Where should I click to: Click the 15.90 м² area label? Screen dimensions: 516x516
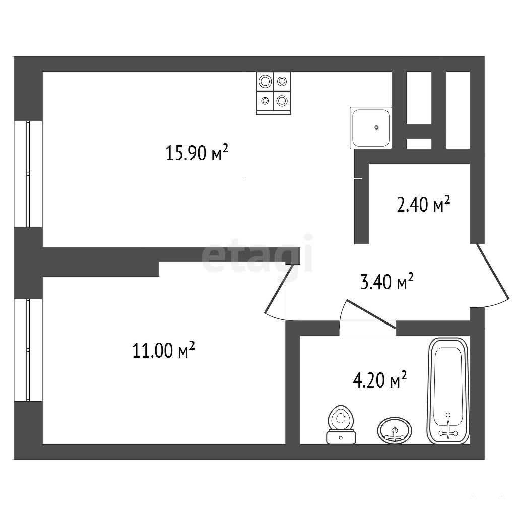pyautogui.click(x=197, y=152)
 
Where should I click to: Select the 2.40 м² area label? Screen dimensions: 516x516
pyautogui.click(x=423, y=204)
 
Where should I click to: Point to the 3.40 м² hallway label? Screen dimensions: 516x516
pyautogui.click(x=387, y=282)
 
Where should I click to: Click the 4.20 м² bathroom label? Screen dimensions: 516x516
pyautogui.click(x=380, y=380)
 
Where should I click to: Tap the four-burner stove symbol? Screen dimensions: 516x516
pyautogui.click(x=274, y=93)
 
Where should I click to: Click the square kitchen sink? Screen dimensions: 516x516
pyautogui.click(x=371, y=127)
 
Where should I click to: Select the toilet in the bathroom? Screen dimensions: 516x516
pyautogui.click(x=341, y=425)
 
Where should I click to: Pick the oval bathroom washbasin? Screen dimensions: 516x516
pyautogui.click(x=394, y=431)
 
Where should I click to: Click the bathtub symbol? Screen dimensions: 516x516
pyautogui.click(x=448, y=391)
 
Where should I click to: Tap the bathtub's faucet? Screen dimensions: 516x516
pyautogui.click(x=448, y=431)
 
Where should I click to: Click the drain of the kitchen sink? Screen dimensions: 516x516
pyautogui.click(x=376, y=127)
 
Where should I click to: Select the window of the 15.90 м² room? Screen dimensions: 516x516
pyautogui.click(x=28, y=174)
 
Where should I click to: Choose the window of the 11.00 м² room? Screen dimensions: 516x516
pyautogui.click(x=28, y=350)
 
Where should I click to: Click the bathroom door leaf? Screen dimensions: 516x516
pyautogui.click(x=370, y=314)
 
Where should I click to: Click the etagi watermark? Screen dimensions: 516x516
pyautogui.click(x=257, y=253)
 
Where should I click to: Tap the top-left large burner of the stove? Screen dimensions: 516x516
pyautogui.click(x=265, y=81)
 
